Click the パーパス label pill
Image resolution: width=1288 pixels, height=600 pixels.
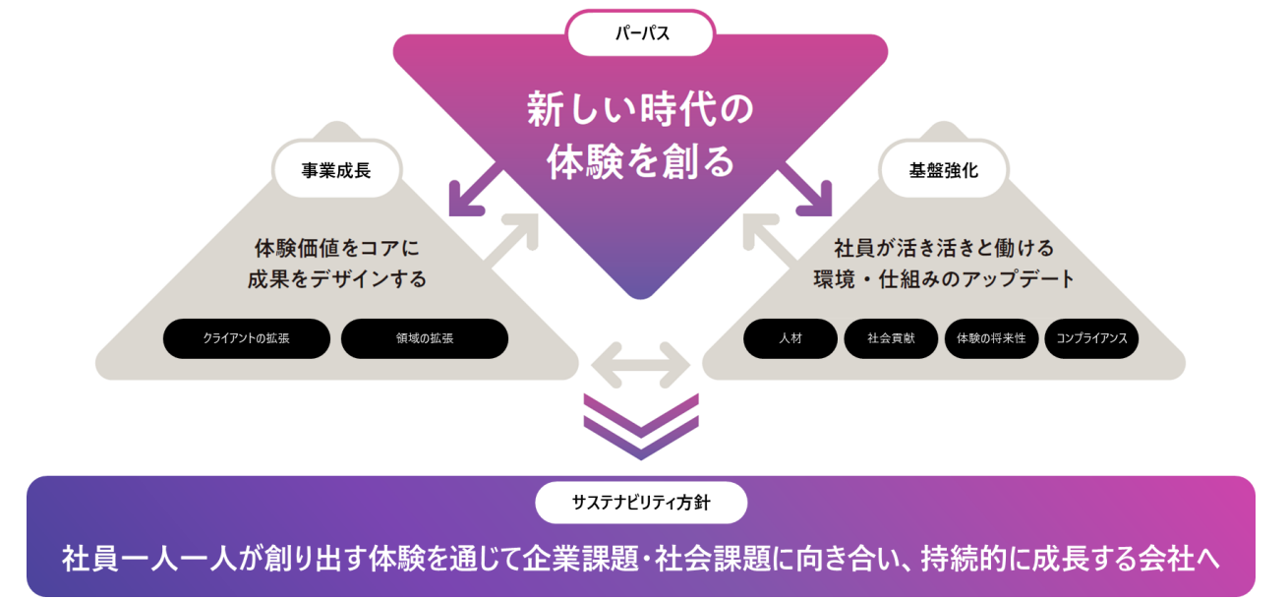tap(640, 34)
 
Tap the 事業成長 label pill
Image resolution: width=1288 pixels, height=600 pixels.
tap(336, 169)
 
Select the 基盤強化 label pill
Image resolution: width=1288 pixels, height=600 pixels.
tap(943, 169)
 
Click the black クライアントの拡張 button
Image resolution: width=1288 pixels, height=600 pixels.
tap(247, 338)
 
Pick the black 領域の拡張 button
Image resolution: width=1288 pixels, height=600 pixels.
tap(425, 338)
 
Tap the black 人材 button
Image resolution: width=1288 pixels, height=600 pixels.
tap(790, 338)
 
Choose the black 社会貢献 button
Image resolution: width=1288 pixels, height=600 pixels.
tap(891, 338)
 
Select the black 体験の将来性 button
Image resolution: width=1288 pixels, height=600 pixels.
tap(991, 338)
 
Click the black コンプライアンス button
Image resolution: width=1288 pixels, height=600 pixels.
tap(1091, 338)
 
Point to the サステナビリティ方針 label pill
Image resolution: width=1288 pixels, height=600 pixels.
tap(641, 503)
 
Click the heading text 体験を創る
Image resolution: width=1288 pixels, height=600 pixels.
tap(641, 161)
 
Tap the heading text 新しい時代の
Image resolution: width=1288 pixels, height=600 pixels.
tap(641, 109)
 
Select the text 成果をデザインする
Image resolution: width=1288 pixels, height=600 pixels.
tap(337, 279)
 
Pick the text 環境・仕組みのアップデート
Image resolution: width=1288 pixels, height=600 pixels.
tap(944, 279)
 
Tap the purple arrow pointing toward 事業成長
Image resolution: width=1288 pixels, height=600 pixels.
tap(473, 191)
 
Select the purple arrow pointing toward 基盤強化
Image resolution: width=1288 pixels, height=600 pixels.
tap(808, 191)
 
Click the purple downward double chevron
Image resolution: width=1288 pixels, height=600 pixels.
tap(641, 426)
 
